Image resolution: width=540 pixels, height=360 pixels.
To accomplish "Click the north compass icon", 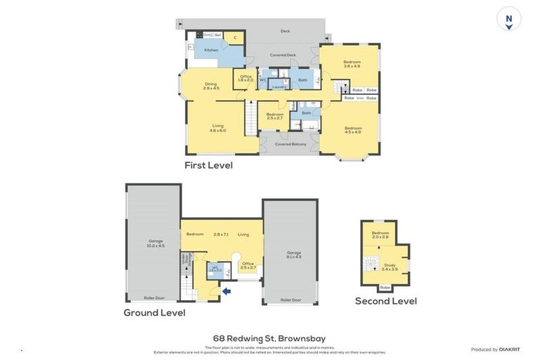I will coord(508,18).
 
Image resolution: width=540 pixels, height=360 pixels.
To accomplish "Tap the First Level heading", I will coord(208,165).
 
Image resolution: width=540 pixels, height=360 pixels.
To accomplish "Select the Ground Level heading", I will coord(155,312).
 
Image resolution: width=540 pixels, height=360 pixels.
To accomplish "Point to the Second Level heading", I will coord(385,301).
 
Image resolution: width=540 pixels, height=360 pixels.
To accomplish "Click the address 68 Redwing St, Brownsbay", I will coord(269,338).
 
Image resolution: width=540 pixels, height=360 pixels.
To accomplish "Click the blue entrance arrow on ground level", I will coord(226,290).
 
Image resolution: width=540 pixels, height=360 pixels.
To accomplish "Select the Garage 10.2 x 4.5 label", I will coord(155,243).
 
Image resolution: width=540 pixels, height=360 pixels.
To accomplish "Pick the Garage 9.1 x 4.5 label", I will coord(293,254).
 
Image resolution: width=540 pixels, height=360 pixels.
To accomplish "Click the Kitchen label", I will coord(211,50).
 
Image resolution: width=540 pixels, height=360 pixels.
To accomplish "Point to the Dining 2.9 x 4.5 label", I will coord(211,86).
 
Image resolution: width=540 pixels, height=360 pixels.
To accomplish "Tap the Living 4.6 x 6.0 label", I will coord(217,128).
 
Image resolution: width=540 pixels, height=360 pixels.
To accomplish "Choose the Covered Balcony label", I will coord(290,144).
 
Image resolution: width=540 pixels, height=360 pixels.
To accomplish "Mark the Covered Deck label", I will coord(283,55).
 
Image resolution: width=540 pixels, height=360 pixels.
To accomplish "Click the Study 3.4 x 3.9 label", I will coord(390,266).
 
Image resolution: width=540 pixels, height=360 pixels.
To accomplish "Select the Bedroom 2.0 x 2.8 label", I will coord(380,234).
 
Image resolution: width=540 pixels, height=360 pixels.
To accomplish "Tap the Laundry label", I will coord(278,87).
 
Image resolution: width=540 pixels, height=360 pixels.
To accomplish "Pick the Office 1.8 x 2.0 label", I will coord(245,78).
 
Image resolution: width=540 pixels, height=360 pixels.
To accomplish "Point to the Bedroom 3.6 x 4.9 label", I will coord(352,64).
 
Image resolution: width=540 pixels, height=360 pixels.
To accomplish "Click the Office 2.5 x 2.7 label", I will coord(249,266).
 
